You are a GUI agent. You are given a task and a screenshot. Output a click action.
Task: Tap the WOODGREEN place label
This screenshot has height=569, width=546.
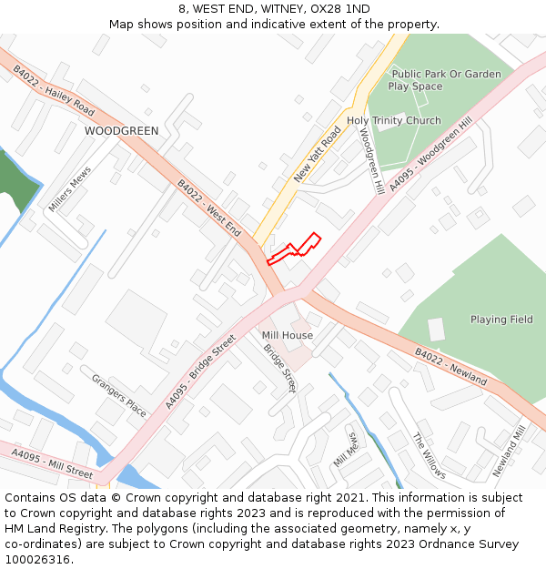coord(121,131)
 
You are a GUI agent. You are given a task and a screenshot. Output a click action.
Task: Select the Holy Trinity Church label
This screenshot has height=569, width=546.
coord(393,120)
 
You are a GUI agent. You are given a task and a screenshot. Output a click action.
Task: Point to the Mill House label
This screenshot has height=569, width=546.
coord(288,335)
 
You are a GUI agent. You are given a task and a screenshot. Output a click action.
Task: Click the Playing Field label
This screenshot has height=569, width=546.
coord(501,320)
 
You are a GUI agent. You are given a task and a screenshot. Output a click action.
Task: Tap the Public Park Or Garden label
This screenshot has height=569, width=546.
coord(446,74)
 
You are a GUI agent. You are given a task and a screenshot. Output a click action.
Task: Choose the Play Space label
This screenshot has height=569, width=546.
coord(415,86)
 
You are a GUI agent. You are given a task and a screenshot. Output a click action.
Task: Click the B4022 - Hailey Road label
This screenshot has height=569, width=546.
coord(54,89)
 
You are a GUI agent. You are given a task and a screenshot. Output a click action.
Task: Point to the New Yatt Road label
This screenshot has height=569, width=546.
coord(318,154)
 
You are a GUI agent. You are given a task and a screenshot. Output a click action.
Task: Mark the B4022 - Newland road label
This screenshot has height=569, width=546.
coord(450,367)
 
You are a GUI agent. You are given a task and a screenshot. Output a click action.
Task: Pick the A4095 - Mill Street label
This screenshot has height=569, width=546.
coord(52,462)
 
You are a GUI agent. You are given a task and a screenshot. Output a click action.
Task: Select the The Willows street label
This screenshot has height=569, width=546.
coord(429,455)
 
